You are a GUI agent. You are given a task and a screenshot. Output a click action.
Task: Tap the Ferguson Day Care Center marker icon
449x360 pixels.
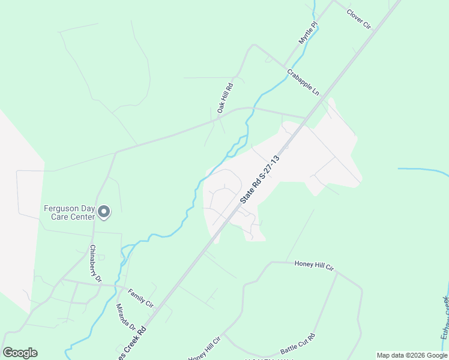(104, 211)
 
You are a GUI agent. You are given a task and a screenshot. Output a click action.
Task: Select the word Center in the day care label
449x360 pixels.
(80, 217)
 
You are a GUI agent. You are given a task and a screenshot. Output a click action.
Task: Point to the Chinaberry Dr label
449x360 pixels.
(96, 263)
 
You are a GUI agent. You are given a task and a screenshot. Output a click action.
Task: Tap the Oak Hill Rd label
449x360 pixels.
(225, 98)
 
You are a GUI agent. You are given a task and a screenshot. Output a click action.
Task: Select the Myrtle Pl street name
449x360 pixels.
(307, 33)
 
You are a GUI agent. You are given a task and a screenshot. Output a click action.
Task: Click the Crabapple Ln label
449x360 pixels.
(303, 82)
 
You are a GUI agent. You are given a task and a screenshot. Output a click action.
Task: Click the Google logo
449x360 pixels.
(20, 352)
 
